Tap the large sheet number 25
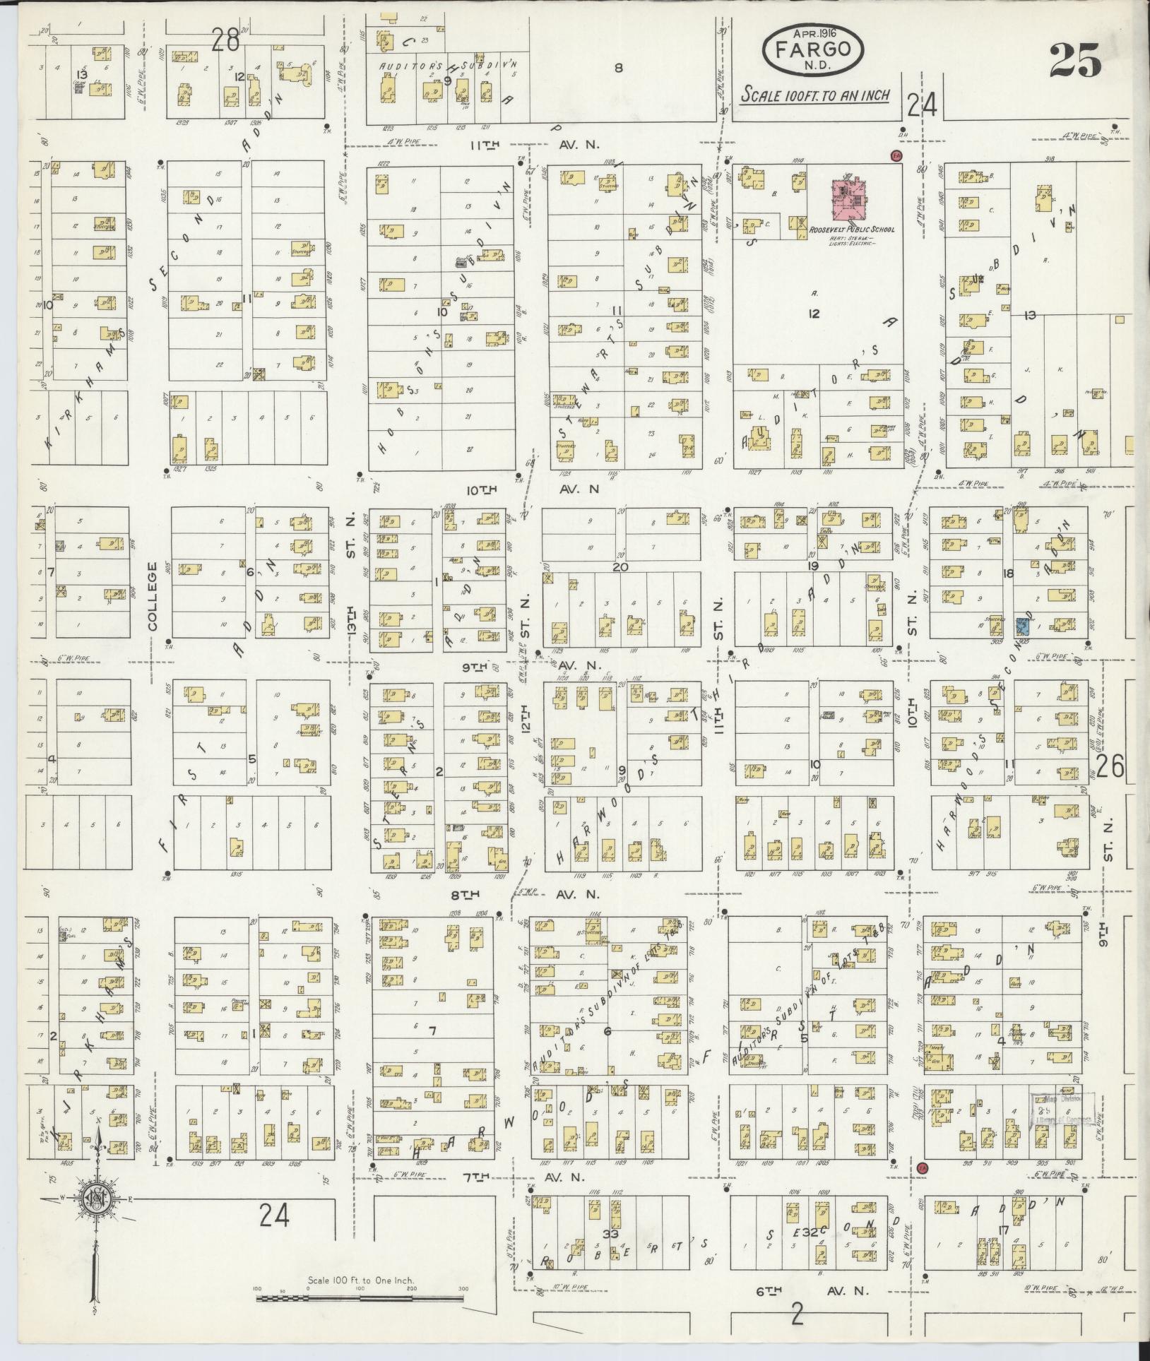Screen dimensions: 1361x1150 [x=1074, y=59]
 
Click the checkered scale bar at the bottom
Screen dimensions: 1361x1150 [x=360, y=1297]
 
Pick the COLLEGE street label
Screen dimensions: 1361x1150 [x=155, y=596]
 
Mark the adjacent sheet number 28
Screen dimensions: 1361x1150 [x=225, y=42]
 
